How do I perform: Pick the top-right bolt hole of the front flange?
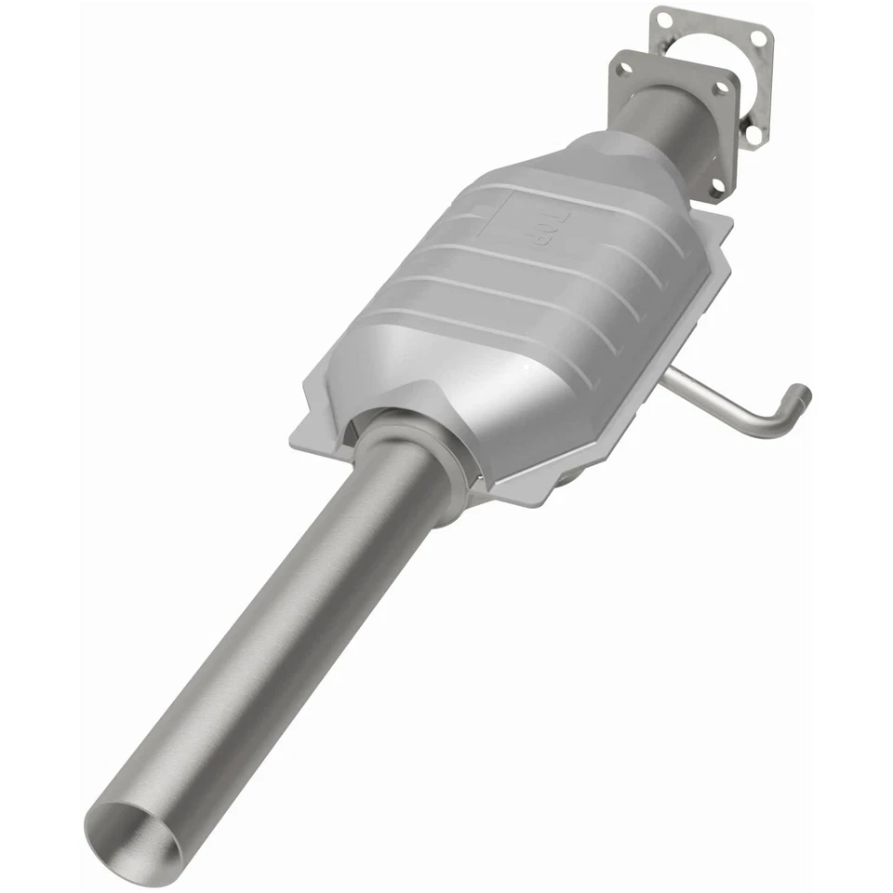[x=722, y=88]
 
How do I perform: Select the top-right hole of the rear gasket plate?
[x=759, y=38]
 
